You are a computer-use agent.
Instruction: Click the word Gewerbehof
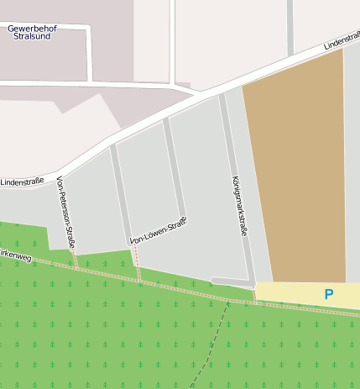click(32, 28)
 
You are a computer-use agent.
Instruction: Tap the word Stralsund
click(32, 37)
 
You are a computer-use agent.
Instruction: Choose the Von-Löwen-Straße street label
click(159, 231)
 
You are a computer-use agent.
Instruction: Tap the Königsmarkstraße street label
click(238, 205)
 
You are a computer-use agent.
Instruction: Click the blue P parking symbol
click(328, 294)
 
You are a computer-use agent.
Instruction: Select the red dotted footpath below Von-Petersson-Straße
click(76, 258)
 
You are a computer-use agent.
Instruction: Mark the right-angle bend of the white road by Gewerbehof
click(87, 29)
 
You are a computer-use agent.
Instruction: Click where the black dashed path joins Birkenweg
click(227, 300)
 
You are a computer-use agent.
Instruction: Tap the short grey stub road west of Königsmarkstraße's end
click(231, 281)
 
